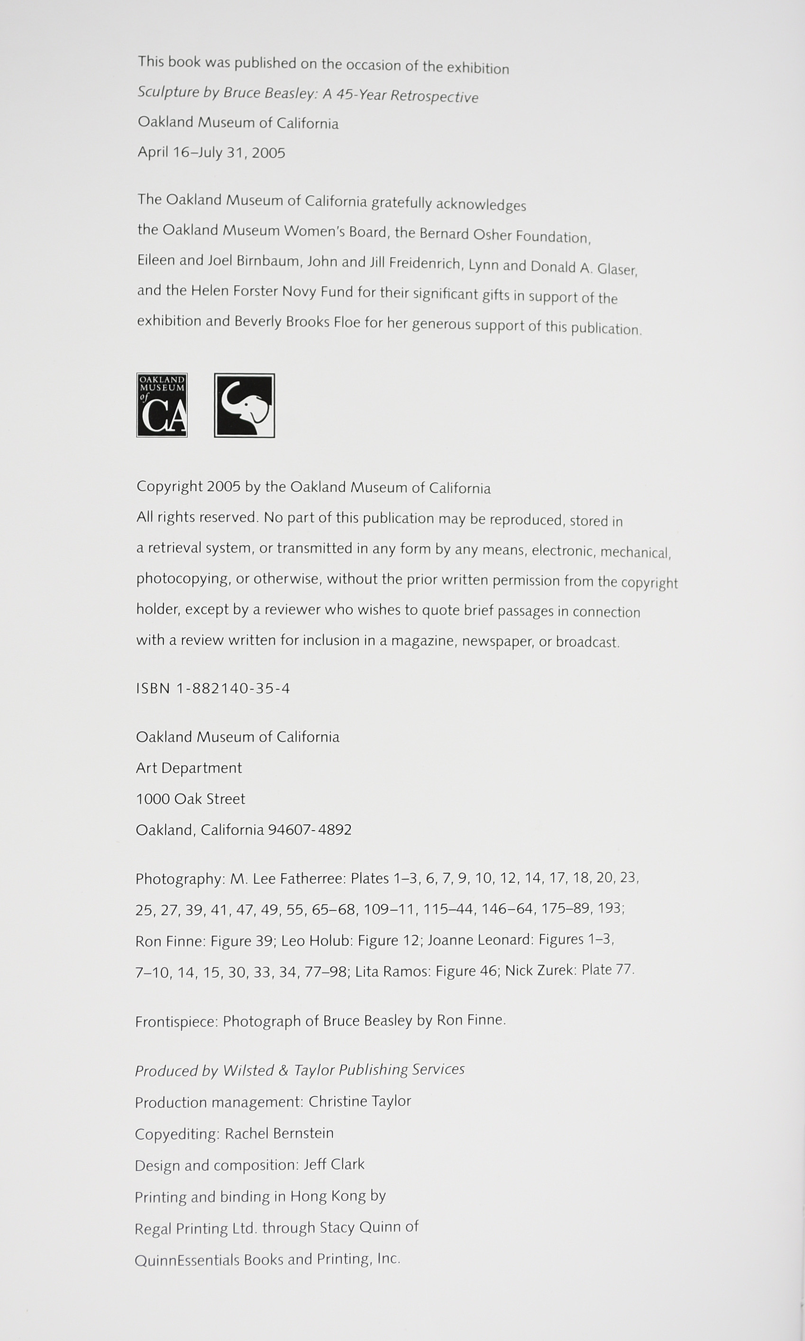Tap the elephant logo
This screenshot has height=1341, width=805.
[244, 405]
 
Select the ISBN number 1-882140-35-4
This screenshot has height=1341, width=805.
[233, 689]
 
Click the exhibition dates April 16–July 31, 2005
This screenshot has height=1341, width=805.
[211, 152]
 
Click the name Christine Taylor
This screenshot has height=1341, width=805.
[360, 1101]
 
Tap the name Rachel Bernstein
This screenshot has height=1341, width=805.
[279, 1133]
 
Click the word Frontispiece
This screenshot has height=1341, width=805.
[176, 1022]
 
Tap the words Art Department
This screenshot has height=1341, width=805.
[188, 768]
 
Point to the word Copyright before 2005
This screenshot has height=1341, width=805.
[169, 486]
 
